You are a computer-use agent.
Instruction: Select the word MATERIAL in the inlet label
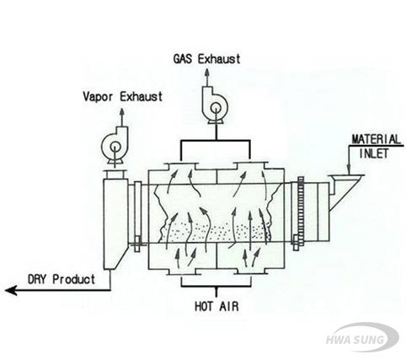click(x=377, y=139)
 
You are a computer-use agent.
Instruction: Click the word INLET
click(x=374, y=153)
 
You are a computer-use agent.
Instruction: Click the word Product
click(x=74, y=279)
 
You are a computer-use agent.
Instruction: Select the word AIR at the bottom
click(x=229, y=306)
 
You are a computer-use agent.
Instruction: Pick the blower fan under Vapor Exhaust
click(x=115, y=146)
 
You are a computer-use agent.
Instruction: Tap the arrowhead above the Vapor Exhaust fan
click(x=122, y=111)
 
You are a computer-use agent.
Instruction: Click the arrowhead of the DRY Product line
click(x=11, y=290)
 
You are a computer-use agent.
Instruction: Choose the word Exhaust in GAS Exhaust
click(x=219, y=59)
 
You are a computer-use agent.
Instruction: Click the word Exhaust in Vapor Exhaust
click(x=142, y=97)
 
